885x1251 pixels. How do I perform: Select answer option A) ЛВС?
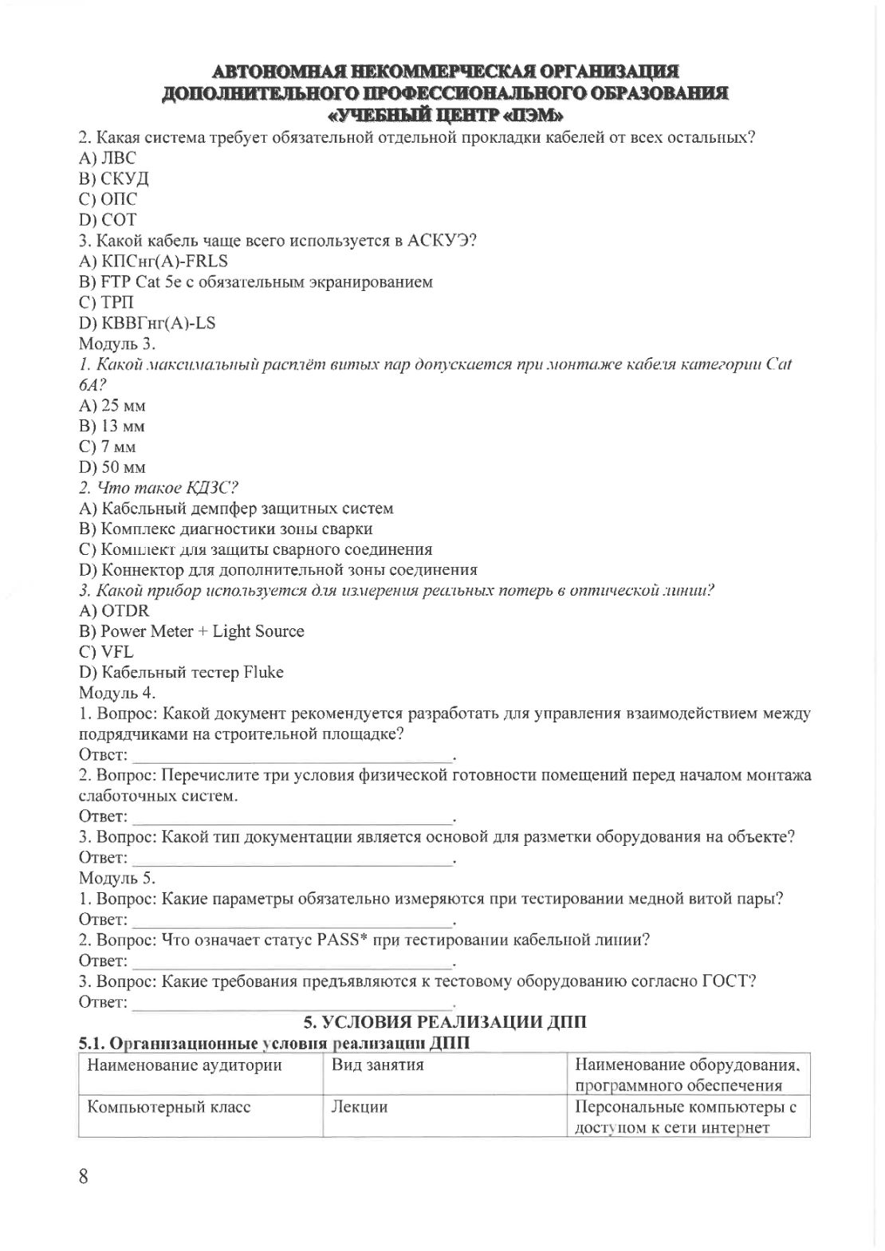108,158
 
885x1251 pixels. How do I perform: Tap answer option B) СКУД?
113,179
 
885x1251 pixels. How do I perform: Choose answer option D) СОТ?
108,219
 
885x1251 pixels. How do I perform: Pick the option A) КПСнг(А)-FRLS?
153,261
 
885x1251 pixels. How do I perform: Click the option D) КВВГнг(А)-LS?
147,323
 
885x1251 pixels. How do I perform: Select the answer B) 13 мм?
112,426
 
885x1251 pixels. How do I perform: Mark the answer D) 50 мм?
112,467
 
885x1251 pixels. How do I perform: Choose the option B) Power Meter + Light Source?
191,631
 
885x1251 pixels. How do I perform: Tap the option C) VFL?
106,652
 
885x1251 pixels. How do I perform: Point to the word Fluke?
263,673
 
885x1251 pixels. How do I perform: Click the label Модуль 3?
116,344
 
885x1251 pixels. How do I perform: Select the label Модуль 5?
116,878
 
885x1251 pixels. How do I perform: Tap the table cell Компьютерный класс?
169,1107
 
